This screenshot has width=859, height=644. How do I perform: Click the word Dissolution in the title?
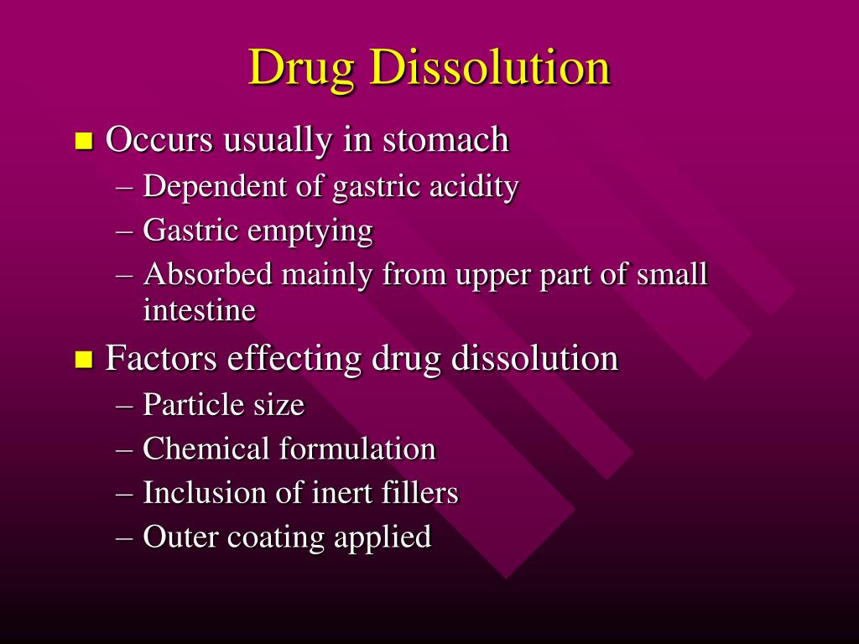[490, 67]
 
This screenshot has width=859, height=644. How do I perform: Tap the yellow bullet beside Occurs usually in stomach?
[83, 140]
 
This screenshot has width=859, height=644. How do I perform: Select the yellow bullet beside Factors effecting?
[83, 360]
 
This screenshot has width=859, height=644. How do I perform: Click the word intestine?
[199, 310]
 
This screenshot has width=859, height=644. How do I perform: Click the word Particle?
[194, 405]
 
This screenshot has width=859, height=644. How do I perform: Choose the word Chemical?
[206, 449]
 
